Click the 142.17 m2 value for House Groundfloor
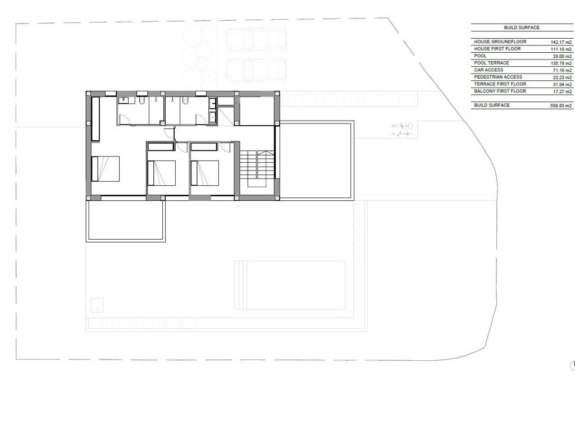(x=561, y=42)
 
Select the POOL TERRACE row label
(x=491, y=63)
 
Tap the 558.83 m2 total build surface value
(x=561, y=106)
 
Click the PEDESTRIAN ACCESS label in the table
(x=498, y=77)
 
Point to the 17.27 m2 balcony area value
(x=562, y=91)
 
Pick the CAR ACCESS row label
(x=489, y=70)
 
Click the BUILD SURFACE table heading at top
(x=522, y=27)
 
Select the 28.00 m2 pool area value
(x=562, y=57)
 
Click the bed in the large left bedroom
(x=106, y=168)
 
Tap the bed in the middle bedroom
(x=161, y=173)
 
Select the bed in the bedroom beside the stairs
(x=205, y=173)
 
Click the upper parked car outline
(x=255, y=40)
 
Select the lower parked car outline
(x=255, y=70)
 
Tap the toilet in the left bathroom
(x=142, y=100)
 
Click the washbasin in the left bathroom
(x=126, y=100)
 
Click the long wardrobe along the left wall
(x=95, y=119)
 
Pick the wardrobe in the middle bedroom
(x=161, y=146)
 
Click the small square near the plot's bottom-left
(x=97, y=305)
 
